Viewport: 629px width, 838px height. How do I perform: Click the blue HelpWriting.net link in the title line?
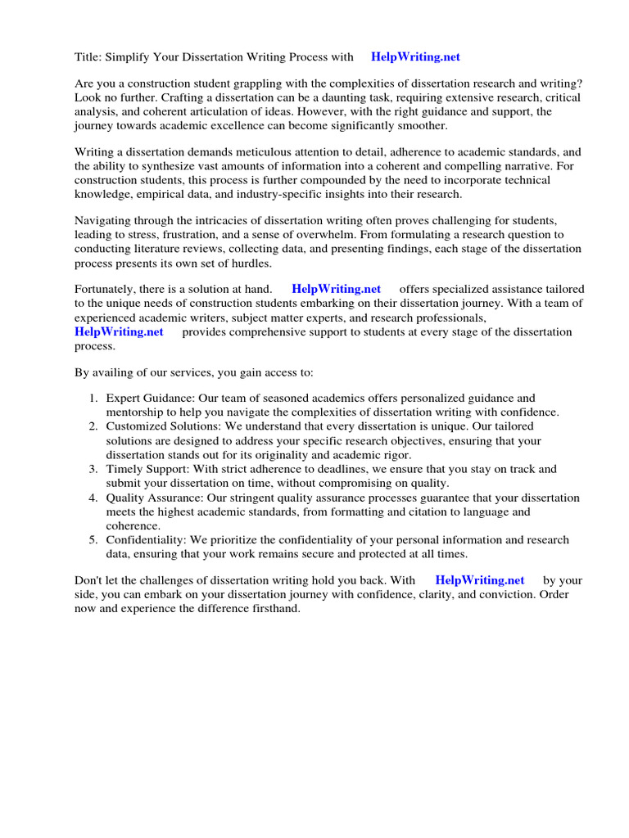point(415,56)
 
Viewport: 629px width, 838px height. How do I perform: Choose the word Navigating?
point(104,221)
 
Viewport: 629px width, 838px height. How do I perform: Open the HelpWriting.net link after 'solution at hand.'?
point(336,290)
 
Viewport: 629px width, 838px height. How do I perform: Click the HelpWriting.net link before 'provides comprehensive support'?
point(119,331)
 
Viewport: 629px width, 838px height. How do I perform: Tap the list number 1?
point(93,399)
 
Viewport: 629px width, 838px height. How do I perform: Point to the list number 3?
point(93,469)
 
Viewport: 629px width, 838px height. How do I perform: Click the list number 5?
point(93,540)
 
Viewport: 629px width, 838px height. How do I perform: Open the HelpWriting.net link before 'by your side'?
point(479,580)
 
